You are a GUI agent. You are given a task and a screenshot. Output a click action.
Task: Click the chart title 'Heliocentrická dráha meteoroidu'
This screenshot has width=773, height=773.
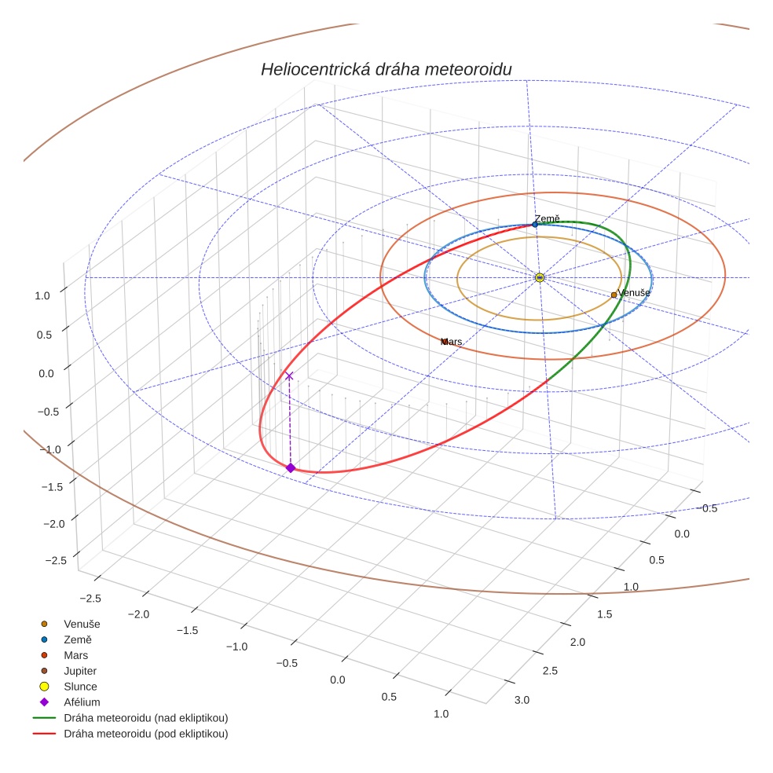click(x=386, y=70)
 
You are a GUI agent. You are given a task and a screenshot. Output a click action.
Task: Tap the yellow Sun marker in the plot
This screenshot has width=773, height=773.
click(x=540, y=277)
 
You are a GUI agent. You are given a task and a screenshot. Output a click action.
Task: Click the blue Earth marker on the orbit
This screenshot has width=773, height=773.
click(x=535, y=225)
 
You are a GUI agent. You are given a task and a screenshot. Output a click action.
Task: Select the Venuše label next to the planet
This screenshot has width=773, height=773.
click(x=634, y=293)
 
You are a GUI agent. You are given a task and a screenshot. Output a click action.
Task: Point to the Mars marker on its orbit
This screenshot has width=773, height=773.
click(x=444, y=342)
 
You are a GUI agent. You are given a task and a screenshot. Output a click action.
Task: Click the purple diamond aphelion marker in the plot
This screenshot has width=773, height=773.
click(x=290, y=467)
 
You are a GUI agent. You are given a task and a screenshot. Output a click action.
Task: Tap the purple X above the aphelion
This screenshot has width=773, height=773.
click(x=289, y=376)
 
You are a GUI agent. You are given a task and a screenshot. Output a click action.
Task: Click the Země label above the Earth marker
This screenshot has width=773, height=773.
click(x=547, y=219)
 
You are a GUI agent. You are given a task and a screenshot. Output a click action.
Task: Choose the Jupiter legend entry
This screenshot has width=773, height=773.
click(x=80, y=671)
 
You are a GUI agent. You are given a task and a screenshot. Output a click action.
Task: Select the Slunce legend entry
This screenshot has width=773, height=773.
click(x=80, y=687)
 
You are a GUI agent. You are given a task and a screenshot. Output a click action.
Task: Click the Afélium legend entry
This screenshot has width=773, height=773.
click(x=82, y=702)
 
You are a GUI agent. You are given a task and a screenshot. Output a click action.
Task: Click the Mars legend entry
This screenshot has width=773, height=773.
click(x=75, y=655)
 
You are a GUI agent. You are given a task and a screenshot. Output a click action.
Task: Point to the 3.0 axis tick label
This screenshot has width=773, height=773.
click(x=522, y=700)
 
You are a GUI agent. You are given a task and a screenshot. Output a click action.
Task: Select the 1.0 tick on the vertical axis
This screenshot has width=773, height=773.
click(x=42, y=295)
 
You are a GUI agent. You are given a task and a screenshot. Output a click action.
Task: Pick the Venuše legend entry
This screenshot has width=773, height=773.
click(x=82, y=624)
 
